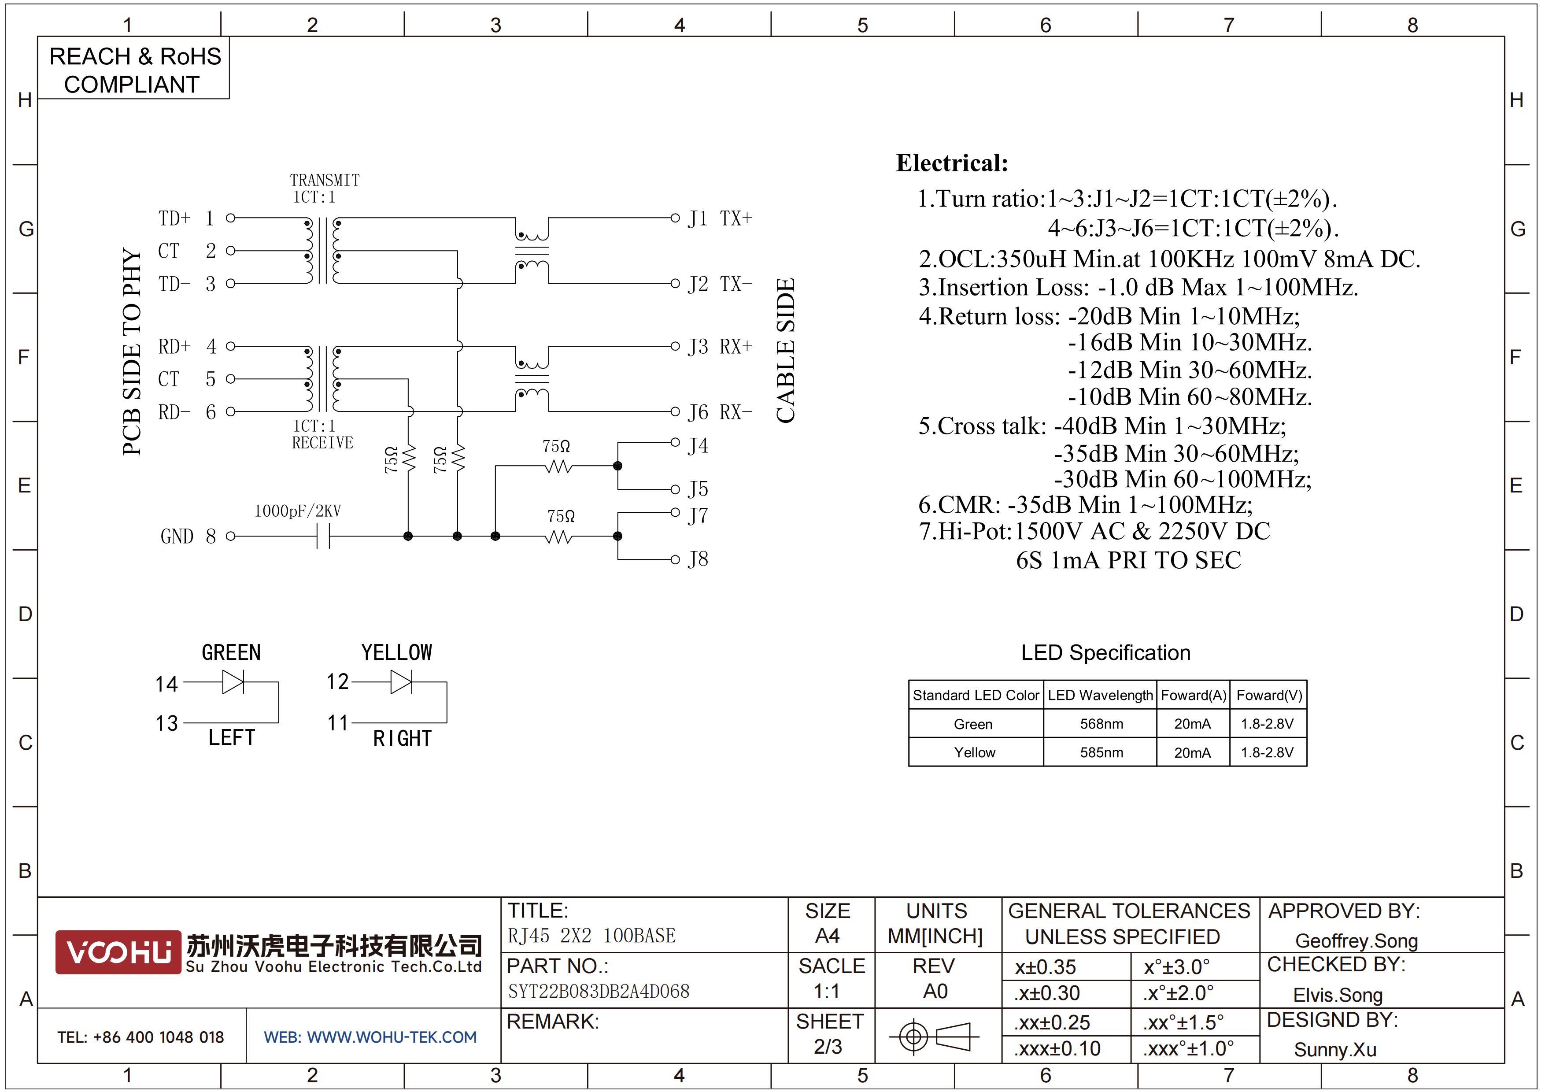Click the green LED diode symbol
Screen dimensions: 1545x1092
(x=233, y=683)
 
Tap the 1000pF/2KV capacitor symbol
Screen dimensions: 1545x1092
(x=323, y=536)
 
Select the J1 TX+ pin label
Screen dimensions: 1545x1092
(x=719, y=218)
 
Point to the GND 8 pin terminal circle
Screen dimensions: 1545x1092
(x=231, y=536)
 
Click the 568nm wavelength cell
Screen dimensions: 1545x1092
(x=1101, y=724)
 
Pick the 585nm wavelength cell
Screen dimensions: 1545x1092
(x=1101, y=752)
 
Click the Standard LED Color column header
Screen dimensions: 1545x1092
(x=976, y=695)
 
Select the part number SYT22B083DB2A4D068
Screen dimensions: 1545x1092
(x=598, y=991)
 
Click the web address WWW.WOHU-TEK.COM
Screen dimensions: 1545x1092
(x=392, y=1037)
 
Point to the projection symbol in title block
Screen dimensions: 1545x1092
(x=934, y=1036)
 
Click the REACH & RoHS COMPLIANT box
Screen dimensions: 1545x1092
(x=134, y=69)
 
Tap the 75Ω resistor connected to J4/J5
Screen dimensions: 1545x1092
(x=558, y=466)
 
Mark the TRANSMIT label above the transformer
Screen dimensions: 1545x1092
(x=325, y=180)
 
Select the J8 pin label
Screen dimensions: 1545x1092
(x=698, y=559)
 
